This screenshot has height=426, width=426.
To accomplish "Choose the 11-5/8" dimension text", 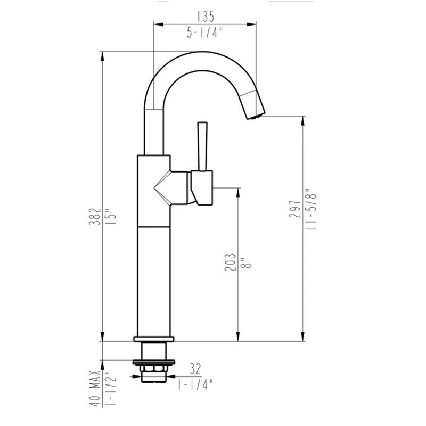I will click(312, 209).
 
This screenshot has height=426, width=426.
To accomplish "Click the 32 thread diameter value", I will click(195, 367).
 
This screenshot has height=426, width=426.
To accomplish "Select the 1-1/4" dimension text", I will click(195, 383).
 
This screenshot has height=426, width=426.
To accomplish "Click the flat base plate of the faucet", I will click(154, 338).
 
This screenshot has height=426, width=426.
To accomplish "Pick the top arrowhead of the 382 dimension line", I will click(102, 55).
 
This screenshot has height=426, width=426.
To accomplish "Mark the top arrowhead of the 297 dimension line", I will click(303, 120).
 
